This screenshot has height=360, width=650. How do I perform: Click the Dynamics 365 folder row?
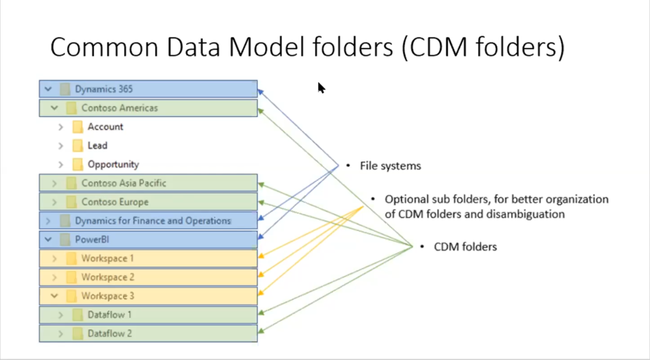click(x=148, y=89)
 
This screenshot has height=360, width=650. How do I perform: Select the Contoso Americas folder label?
click(x=119, y=108)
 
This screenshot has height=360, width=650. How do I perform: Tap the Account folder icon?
click(x=77, y=127)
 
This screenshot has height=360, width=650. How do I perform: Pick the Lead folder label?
click(x=97, y=145)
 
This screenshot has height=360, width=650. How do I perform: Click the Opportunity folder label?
click(x=113, y=164)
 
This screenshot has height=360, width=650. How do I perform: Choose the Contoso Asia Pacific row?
click(x=148, y=183)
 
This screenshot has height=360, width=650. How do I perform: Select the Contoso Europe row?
click(x=148, y=202)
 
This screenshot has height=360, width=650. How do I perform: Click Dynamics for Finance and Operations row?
click(x=148, y=221)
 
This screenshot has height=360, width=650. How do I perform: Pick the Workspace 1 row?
click(x=148, y=258)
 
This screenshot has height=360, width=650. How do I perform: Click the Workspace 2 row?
click(x=148, y=277)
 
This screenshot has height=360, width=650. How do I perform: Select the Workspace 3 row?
click(x=148, y=296)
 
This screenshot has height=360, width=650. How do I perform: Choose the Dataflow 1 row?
click(x=148, y=315)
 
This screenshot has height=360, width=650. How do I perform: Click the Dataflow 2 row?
click(x=148, y=333)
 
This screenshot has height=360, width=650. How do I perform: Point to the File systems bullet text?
click(x=390, y=166)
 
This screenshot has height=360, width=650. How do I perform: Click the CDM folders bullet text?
click(x=465, y=246)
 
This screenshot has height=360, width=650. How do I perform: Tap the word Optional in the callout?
click(x=406, y=199)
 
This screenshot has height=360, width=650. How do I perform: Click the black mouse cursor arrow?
click(x=321, y=88)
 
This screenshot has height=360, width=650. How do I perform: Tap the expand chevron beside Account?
click(x=61, y=127)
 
